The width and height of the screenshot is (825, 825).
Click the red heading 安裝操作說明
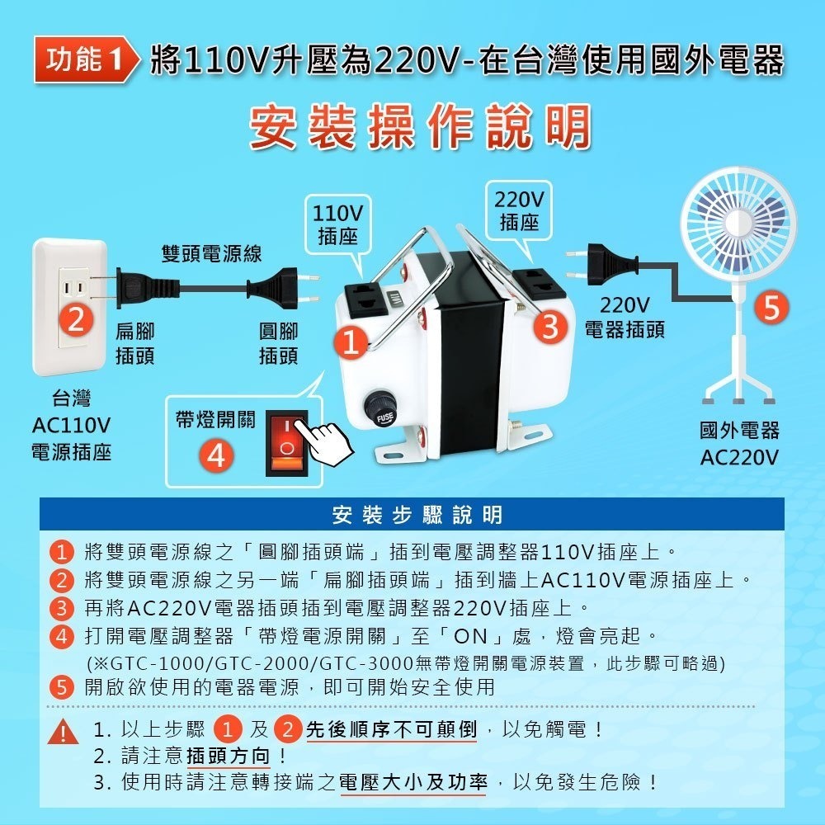pyautogui.click(x=420, y=127)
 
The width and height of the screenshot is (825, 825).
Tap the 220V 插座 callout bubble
pyautogui.click(x=520, y=211)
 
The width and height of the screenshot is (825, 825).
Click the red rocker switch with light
pyautogui.click(x=285, y=442)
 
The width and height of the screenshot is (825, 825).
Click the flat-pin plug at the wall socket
pyautogui.click(x=128, y=285)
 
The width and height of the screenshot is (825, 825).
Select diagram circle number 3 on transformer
pyautogui.click(x=550, y=326)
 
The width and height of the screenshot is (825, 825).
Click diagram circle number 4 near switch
pyautogui.click(x=217, y=455)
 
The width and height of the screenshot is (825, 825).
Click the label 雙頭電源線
pyautogui.click(x=210, y=253)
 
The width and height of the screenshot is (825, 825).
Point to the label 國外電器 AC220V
pyautogui.click(x=738, y=444)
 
